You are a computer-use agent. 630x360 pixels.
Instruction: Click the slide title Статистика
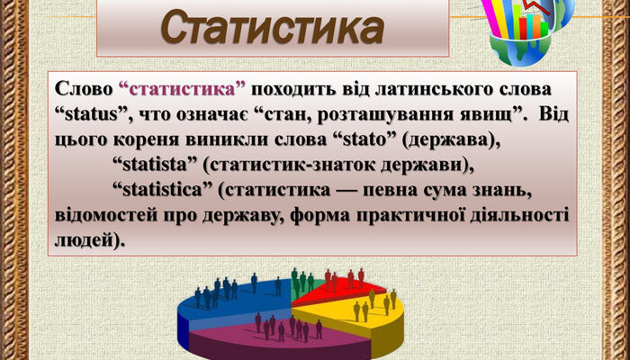(272, 27)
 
